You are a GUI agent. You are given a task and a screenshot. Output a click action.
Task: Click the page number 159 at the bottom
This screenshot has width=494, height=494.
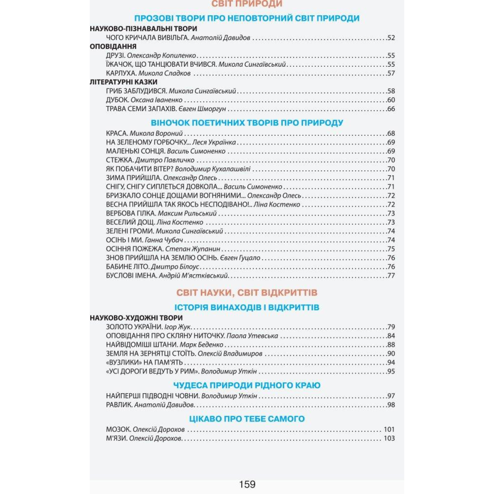tap(247, 484)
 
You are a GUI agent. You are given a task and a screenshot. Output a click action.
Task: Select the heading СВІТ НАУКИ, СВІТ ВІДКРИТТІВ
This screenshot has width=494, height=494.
tap(247, 293)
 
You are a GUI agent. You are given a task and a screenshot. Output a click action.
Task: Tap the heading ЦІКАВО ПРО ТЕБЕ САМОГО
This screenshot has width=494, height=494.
tap(247, 419)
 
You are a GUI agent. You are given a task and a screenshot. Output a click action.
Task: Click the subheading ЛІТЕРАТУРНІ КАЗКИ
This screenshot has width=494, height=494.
tap(123, 82)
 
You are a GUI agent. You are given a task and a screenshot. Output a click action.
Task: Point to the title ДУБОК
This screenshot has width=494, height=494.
tap(117, 100)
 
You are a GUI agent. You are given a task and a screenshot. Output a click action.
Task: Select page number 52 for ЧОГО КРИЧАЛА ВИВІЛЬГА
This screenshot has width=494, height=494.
tap(391, 38)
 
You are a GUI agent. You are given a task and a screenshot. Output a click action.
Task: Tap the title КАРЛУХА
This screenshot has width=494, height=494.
tap(121, 73)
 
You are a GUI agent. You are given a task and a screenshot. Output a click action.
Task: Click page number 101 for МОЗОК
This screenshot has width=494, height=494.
tap(389, 430)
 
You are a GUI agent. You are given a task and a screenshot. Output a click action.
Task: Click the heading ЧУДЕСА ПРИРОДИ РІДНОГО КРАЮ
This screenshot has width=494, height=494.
tap(247, 386)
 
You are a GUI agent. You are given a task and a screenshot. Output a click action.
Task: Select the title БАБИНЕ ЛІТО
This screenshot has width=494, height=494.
tap(127, 267)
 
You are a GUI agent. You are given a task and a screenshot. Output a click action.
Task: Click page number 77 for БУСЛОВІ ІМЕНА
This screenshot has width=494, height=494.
tap(391, 276)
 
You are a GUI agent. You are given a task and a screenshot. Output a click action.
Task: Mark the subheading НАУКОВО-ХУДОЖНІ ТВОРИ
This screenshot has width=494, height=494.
tap(136, 318)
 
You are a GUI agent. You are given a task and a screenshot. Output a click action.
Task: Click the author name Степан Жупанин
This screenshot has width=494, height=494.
tap(193, 249)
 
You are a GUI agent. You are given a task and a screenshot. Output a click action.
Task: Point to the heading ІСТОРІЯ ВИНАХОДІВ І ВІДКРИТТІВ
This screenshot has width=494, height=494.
tap(247, 308)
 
